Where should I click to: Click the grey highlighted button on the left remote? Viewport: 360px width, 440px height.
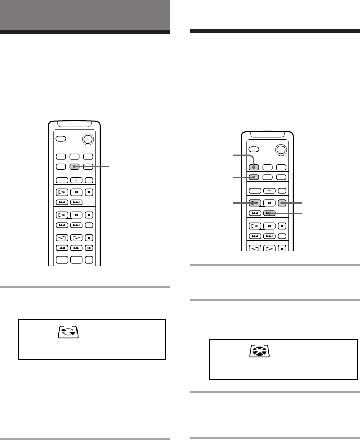click(75, 167)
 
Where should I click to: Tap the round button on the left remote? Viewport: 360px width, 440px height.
click(88, 140)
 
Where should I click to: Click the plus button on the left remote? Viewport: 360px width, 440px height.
click(75, 180)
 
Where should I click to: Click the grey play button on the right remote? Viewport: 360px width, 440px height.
click(255, 203)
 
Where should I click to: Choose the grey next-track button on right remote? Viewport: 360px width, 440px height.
click(268, 213)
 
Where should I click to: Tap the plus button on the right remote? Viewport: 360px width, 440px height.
click(268, 190)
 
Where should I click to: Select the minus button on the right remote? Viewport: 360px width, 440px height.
click(255, 190)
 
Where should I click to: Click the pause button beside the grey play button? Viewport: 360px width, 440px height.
click(268, 203)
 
